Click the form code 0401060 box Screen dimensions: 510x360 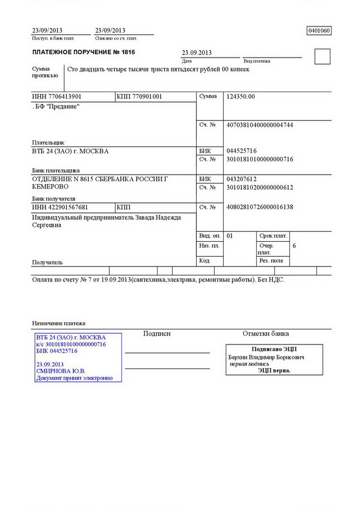(319, 31)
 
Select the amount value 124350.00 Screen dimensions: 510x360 (240, 97)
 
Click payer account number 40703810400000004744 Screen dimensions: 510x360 (259, 125)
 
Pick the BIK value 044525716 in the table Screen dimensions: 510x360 (241, 151)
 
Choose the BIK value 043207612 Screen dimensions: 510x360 (241, 179)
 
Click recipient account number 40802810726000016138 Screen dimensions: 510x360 (259, 207)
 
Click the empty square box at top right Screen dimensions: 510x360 (322, 56)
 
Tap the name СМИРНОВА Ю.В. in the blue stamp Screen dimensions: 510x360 (59, 371)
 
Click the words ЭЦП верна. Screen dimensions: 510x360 (274, 370)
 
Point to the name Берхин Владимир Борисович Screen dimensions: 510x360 (266, 357)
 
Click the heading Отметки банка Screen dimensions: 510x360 (265, 334)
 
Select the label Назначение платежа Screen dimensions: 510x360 (59, 323)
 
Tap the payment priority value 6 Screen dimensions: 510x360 (294, 246)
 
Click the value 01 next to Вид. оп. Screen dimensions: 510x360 (230, 236)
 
